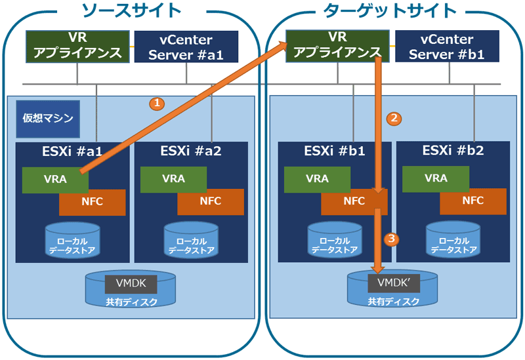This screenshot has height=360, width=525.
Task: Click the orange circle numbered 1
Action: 157,104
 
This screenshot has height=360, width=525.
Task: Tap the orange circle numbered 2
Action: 394,119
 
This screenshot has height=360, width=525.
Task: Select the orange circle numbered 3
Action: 391,239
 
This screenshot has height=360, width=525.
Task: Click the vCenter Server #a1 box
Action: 186,47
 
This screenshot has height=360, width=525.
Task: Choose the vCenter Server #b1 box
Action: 447,46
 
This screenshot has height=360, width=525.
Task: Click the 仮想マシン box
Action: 48,119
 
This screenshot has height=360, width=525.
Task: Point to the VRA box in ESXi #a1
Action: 55,180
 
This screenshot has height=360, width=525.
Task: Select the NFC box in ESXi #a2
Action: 211,202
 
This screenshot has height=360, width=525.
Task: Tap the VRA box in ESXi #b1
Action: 317,179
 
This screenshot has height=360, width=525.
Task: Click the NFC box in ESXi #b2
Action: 472,201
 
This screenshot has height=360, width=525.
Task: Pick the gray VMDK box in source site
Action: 131,284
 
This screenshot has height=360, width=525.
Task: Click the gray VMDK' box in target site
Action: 394,283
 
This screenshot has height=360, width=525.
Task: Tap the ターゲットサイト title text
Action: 390,10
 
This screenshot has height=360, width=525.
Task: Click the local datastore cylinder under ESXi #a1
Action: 72,240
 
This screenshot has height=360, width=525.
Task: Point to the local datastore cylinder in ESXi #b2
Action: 453,239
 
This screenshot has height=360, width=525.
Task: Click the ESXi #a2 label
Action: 191,151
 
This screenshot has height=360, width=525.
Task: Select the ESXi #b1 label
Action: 335,151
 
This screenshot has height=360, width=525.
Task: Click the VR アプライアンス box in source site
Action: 77,47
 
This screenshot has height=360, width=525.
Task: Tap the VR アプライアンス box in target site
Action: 337,46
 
